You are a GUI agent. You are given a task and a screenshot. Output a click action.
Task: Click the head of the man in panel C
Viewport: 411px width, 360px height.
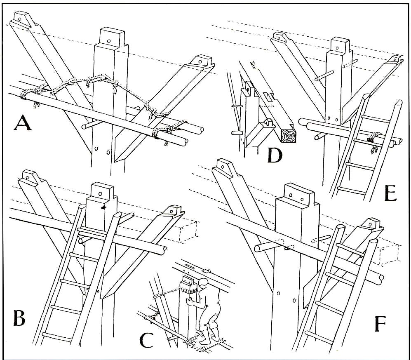[x=202, y=284]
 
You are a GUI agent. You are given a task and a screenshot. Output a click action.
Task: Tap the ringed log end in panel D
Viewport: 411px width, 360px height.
[x=289, y=135]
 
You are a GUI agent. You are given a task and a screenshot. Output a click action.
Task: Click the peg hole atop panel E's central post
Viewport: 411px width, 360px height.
[x=341, y=45]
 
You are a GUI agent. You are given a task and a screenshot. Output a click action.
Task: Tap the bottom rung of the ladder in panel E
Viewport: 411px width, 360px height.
[x=350, y=190]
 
